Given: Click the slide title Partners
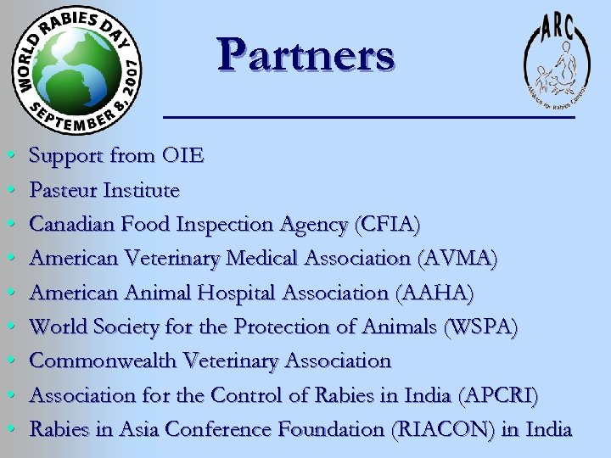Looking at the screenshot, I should point(305,55).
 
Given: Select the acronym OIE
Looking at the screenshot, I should point(182,156).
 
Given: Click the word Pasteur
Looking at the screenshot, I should point(62,190).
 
